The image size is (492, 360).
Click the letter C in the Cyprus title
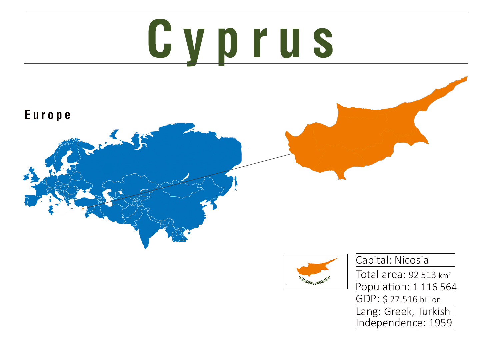click(160, 38)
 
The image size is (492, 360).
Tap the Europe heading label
click(48, 115)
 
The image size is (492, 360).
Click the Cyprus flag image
click(315, 271)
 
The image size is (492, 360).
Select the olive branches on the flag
click(314, 281)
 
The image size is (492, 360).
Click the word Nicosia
click(411, 260)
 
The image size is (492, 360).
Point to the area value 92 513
click(422, 275)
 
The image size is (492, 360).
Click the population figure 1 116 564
click(434, 287)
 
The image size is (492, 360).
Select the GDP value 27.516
click(403, 299)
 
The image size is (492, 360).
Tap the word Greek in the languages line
click(397, 311)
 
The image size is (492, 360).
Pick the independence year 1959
click(440, 323)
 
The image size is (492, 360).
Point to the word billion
click(430, 300)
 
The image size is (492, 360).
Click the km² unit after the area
click(445, 275)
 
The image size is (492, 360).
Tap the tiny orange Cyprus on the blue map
click(83, 208)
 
